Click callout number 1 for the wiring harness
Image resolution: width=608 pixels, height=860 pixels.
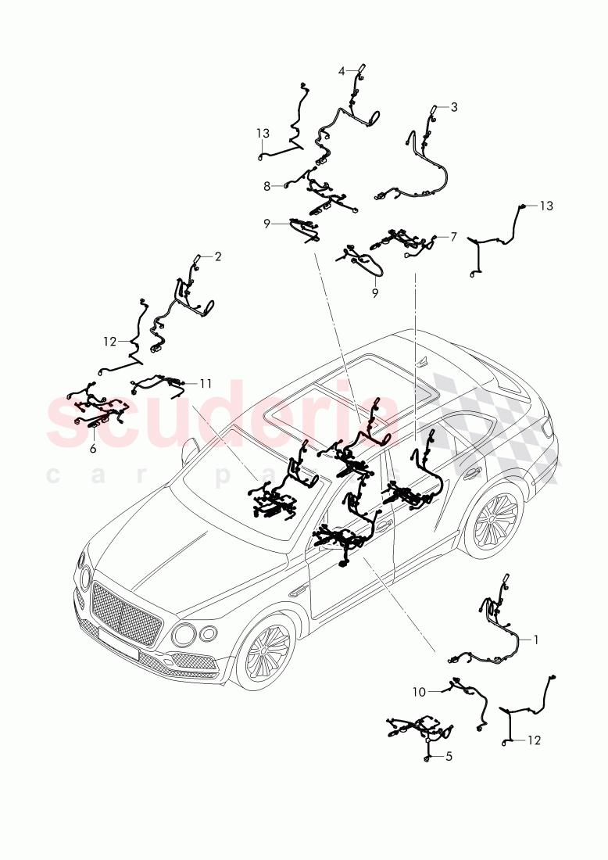pos(536,639)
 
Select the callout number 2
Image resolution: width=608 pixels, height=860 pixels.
pos(218,256)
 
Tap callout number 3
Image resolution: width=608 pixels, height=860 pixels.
pos(454,107)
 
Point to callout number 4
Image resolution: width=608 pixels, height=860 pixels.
pos(342,71)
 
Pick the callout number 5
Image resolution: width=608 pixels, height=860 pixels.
pos(449,756)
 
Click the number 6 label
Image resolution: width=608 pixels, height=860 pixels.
pos(92,448)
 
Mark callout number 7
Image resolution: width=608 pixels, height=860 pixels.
pos(453,235)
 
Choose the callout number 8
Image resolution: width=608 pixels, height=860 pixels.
pos(266,186)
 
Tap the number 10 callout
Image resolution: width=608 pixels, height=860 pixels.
pos(420,691)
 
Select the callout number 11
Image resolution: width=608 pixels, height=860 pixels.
pos(206,383)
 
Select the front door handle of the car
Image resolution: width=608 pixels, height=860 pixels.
pos(383,528)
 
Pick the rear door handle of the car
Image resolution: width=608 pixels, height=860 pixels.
pos(472,472)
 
